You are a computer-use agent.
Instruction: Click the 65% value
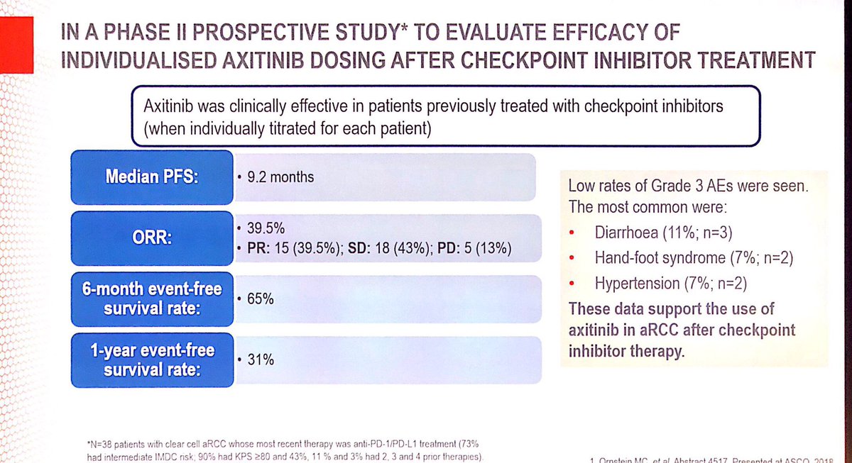[260, 299]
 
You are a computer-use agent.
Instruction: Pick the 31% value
[260, 360]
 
